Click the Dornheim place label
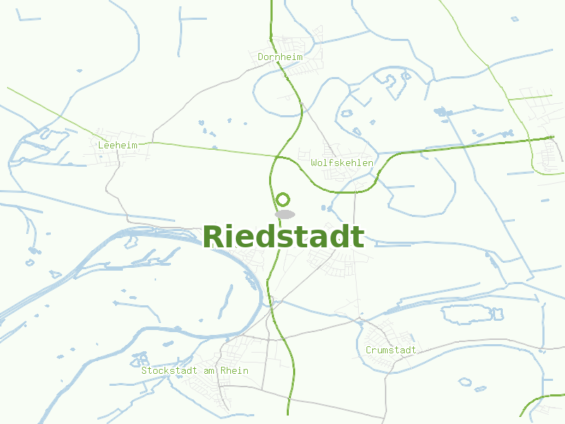[x=280, y=57]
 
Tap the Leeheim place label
[x=118, y=144]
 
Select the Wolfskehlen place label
[x=342, y=163]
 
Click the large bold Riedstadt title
[x=284, y=237]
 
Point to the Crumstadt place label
[x=391, y=350]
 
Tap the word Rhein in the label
[x=234, y=370]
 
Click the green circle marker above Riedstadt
[x=283, y=199]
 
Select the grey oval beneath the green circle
[x=285, y=213]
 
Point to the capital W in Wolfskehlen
[x=314, y=163]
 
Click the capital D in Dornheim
[x=261, y=57]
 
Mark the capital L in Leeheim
[x=102, y=144]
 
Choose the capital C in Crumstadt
[x=369, y=350]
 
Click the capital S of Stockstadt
[x=144, y=370]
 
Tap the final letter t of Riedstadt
[x=359, y=237]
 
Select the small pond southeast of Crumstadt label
[x=465, y=382]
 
